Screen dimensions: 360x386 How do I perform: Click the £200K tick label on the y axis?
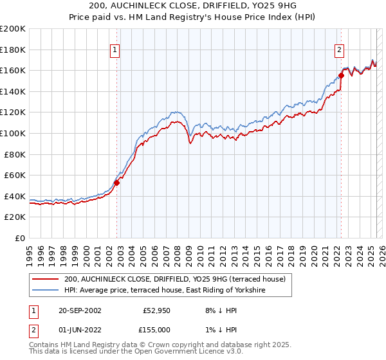pos(13,29)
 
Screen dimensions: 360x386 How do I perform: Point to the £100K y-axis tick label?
pos(13,133)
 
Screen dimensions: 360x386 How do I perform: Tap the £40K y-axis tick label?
pos(15,196)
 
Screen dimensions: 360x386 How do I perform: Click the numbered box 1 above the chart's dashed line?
pos(115,50)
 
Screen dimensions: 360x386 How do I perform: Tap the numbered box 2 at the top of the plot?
pos(339,50)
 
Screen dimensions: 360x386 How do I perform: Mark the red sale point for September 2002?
pos(116,183)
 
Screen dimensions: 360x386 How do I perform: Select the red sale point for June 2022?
pos(341,76)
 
